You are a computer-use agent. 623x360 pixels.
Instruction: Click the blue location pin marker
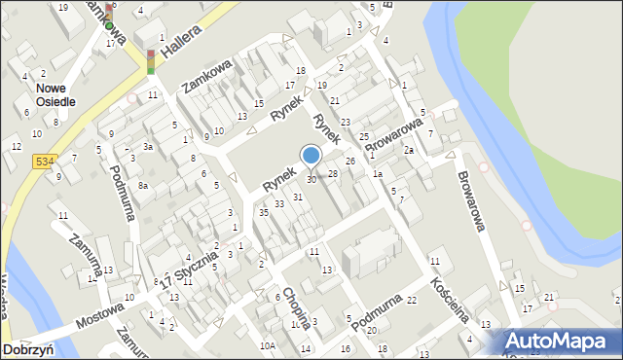311,157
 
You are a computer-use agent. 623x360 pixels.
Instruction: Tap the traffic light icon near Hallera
151,61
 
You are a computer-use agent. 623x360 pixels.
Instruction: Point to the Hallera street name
183,43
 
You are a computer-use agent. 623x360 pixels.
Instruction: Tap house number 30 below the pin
311,180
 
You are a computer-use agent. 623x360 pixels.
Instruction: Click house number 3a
147,146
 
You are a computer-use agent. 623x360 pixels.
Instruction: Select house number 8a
142,185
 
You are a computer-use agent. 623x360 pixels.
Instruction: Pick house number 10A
267,345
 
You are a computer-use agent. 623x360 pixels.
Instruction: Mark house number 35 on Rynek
263,211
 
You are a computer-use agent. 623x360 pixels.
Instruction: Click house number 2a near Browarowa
410,151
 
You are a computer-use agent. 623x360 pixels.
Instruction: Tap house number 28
332,174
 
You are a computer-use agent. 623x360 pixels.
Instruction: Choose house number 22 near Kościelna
412,301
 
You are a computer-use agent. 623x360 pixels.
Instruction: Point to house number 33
279,203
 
